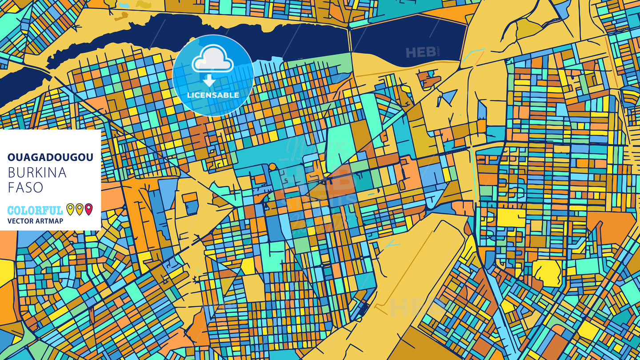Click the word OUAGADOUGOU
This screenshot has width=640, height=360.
[50, 157]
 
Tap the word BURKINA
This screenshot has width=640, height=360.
[37, 173]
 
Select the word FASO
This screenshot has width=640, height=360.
[25, 188]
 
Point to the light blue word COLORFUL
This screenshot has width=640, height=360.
[35, 210]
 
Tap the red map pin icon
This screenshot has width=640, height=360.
[89, 209]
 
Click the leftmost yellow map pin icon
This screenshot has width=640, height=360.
[70, 209]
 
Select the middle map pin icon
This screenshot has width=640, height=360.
[80, 209]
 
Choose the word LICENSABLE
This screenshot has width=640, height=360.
[213, 95]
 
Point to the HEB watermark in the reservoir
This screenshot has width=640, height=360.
[420, 52]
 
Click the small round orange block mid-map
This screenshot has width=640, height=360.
[272, 167]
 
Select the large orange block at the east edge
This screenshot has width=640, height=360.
[616, 227]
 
